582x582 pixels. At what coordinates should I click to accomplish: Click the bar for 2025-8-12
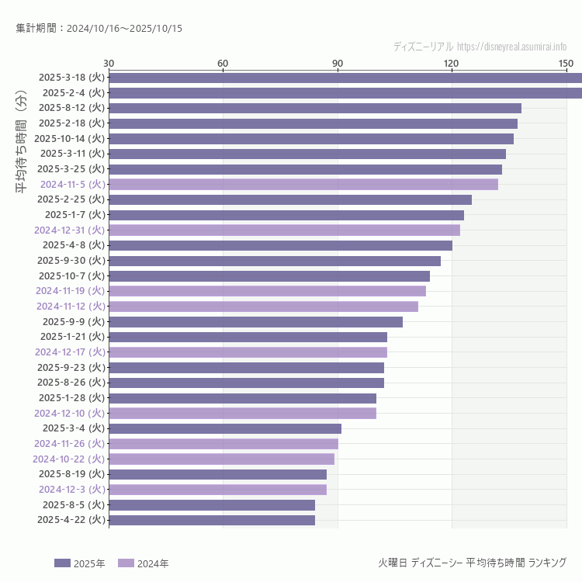tap(314, 108)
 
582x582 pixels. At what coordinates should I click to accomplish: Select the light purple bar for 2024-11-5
tap(303, 184)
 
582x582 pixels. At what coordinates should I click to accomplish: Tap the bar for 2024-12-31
tap(284, 230)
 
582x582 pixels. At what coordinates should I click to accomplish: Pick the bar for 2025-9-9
tap(255, 321)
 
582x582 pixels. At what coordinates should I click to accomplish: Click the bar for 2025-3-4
tap(225, 428)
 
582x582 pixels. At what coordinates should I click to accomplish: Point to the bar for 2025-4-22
tap(212, 520)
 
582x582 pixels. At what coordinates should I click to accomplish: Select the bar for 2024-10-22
tap(221, 459)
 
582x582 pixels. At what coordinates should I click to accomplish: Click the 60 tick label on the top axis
tap(223, 63)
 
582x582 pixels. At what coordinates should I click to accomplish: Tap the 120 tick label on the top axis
tap(452, 63)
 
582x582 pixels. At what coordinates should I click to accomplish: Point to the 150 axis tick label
tap(566, 63)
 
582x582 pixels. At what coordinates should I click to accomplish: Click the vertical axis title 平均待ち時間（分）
tap(21, 144)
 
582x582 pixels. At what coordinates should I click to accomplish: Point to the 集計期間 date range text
tap(99, 29)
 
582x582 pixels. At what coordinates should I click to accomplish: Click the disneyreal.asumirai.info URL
tap(511, 47)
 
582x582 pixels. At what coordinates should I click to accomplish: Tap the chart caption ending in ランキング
tap(472, 563)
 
